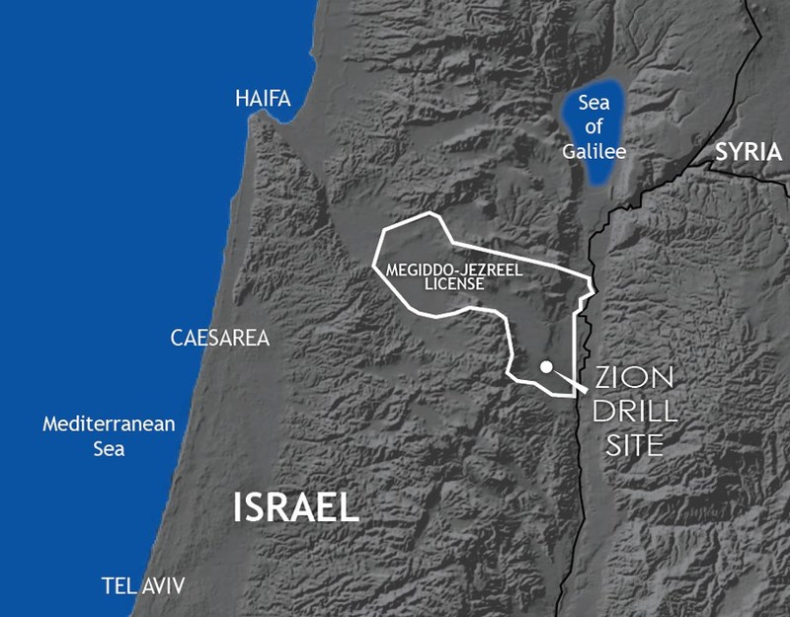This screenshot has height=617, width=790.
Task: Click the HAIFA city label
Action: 263,99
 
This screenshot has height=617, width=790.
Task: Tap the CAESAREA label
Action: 219,339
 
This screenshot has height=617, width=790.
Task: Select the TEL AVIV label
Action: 143,583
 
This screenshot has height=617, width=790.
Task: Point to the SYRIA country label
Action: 748,152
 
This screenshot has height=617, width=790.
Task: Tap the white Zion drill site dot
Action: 546,367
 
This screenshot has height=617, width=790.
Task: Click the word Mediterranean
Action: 109,424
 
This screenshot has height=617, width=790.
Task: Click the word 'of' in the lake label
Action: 594,129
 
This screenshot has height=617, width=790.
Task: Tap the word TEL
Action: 118,583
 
